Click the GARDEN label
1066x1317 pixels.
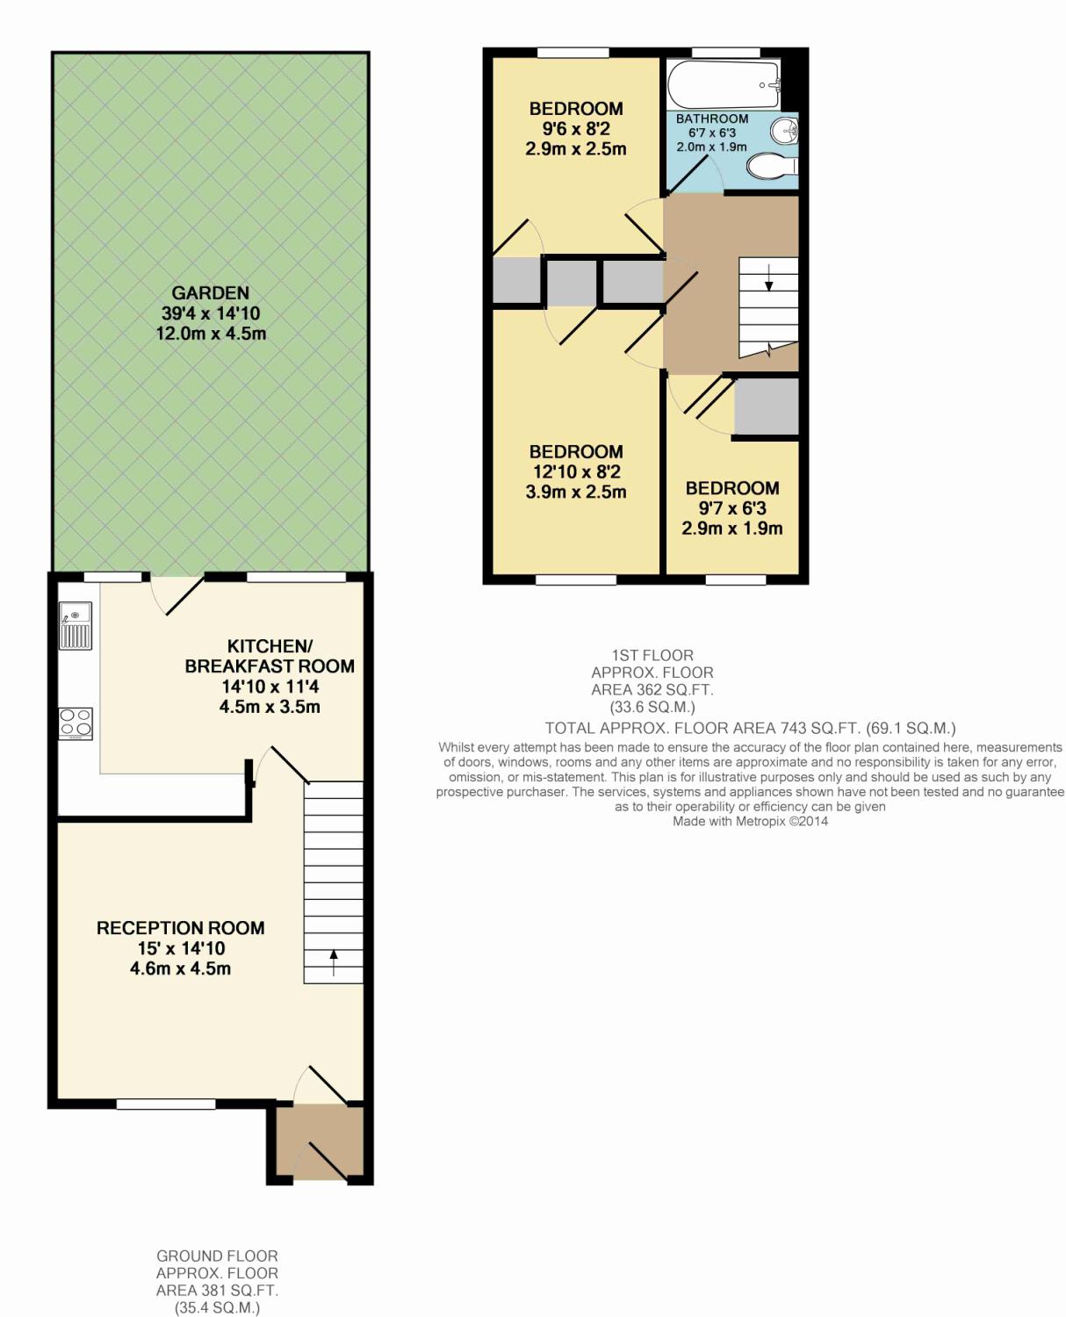pyautogui.click(x=210, y=292)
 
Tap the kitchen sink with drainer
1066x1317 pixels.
pyautogui.click(x=76, y=626)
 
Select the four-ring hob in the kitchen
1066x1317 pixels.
pyautogui.click(x=76, y=723)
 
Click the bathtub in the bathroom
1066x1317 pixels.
pyautogui.click(x=724, y=84)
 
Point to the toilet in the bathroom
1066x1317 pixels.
pyautogui.click(x=773, y=166)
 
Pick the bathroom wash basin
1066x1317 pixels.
pyautogui.click(x=785, y=131)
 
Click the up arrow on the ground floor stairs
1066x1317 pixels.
pyautogui.click(x=334, y=962)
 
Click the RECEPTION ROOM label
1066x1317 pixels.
pyautogui.click(x=181, y=928)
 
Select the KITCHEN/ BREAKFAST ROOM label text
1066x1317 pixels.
pyautogui.click(x=270, y=656)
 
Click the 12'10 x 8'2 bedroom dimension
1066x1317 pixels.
pyautogui.click(x=576, y=471)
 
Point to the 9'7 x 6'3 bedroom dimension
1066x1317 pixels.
pyautogui.click(x=732, y=508)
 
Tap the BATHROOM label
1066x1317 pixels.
pyautogui.click(x=712, y=119)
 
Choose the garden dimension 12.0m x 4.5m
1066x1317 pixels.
pyautogui.click(x=211, y=334)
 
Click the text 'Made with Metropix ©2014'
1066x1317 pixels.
pyautogui.click(x=750, y=821)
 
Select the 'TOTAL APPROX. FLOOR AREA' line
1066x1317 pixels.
pyautogui.click(x=750, y=728)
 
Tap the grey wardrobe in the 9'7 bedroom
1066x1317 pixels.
pyautogui.click(x=767, y=407)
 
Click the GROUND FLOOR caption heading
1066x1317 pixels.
pyautogui.click(x=217, y=1256)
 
